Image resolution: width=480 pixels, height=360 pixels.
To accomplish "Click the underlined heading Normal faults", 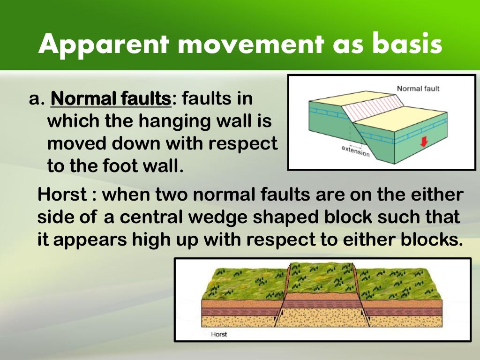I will [x=111, y=99].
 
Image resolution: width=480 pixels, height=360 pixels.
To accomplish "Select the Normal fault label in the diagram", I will [x=418, y=88].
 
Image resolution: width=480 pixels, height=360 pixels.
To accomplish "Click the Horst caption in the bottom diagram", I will [x=219, y=334].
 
